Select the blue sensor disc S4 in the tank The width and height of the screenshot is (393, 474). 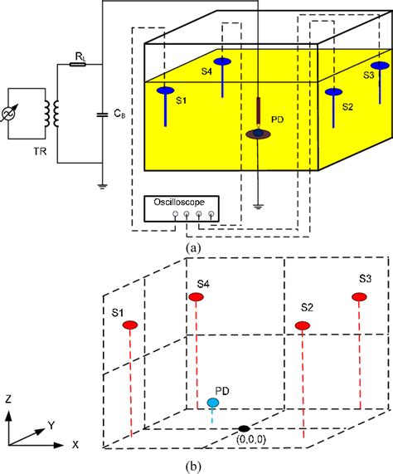tap(223, 61)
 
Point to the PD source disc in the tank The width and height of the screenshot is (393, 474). tap(259, 133)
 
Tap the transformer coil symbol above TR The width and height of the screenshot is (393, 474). tap(56, 115)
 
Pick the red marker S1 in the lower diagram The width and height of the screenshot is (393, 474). tap(130, 325)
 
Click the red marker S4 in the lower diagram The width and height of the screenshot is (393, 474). tap(196, 296)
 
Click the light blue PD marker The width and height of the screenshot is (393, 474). tap(213, 403)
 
